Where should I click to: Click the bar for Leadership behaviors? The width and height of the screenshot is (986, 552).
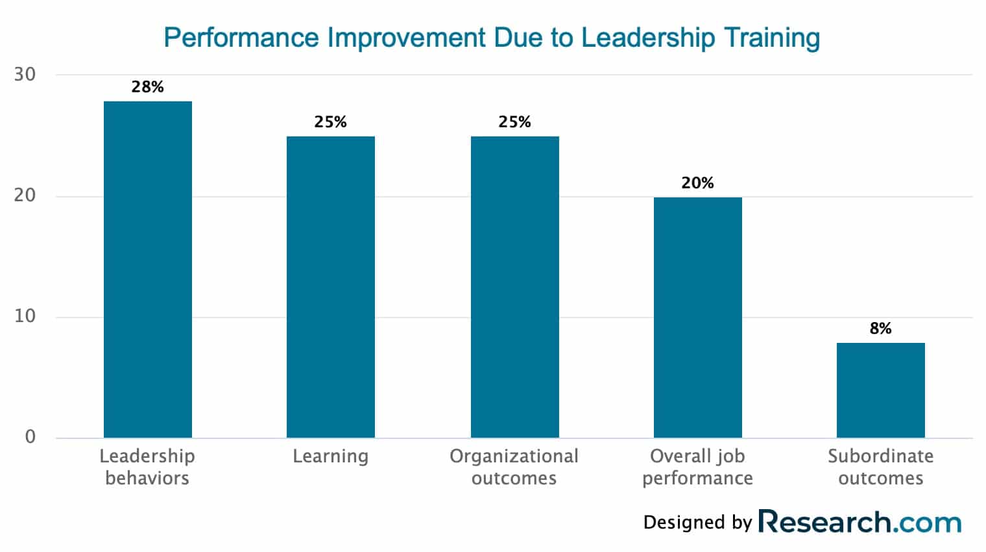point(148,270)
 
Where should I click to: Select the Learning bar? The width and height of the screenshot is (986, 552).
point(331,287)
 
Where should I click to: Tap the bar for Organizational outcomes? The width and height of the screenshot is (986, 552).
point(514,287)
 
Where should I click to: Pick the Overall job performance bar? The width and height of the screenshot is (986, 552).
point(697,318)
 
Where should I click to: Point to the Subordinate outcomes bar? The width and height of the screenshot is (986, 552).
point(880,390)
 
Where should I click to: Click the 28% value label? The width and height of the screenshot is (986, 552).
point(148,87)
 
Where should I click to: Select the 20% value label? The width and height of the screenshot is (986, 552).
point(697,183)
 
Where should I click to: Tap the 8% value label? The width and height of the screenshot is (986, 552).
point(880,329)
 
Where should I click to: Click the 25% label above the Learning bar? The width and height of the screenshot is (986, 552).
point(331,122)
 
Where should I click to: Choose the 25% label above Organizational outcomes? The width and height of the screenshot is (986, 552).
point(514,122)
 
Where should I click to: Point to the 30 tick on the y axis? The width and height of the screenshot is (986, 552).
point(25,75)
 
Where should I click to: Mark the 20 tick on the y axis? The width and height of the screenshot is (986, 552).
point(25,196)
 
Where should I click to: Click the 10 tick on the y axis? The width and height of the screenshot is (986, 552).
point(25,317)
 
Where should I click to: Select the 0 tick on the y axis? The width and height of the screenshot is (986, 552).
point(30,437)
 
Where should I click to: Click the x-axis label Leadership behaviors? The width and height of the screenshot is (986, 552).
point(147,467)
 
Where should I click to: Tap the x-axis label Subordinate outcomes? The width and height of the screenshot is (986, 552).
point(880,467)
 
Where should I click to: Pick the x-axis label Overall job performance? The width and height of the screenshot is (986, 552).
point(697,467)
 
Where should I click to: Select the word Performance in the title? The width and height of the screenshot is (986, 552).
point(241,38)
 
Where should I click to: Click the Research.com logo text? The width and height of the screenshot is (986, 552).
point(860,522)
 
